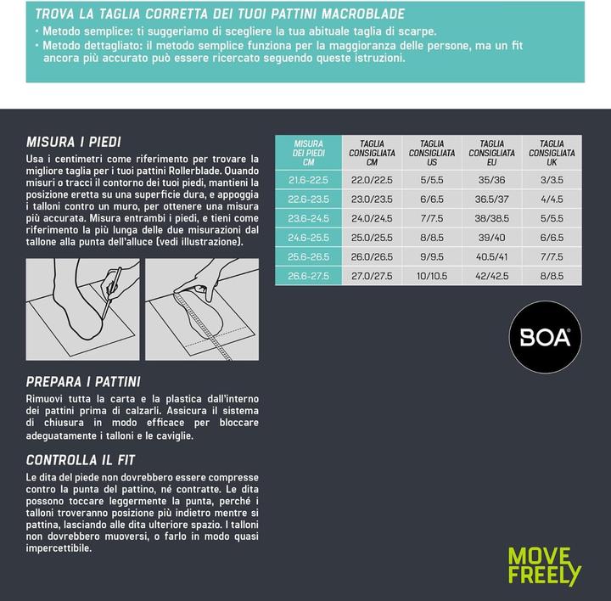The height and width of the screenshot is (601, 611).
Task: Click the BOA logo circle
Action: (x=545, y=338)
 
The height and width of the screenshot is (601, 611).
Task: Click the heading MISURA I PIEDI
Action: (x=74, y=141)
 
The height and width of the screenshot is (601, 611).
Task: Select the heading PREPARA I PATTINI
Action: (x=83, y=382)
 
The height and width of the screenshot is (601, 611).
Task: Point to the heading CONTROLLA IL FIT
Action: (x=80, y=461)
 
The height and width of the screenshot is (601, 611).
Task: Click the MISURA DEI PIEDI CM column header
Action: (x=308, y=153)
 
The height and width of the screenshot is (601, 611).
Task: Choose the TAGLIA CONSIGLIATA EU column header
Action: (x=491, y=153)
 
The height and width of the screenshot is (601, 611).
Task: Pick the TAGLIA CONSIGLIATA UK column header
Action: (x=552, y=153)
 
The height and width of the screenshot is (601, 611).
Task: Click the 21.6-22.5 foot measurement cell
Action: (x=308, y=180)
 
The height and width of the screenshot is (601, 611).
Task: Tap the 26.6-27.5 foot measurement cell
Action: (x=308, y=276)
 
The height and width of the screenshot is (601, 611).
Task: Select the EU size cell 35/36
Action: (x=491, y=180)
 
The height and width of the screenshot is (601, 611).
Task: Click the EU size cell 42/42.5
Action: (x=491, y=276)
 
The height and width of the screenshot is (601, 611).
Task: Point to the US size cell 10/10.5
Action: (x=432, y=276)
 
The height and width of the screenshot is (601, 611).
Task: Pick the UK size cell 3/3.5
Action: (x=552, y=180)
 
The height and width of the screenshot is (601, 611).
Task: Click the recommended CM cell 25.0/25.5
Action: (x=372, y=238)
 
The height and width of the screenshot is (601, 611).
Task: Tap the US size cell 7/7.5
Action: (x=432, y=218)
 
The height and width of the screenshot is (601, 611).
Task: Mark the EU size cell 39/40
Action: (x=491, y=238)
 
